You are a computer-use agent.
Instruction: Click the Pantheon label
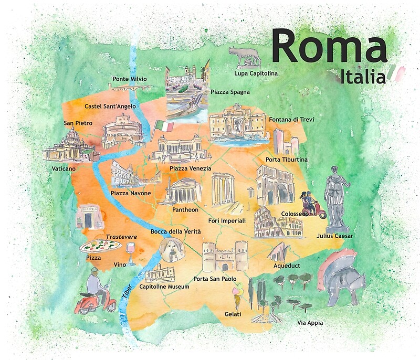click(185, 210)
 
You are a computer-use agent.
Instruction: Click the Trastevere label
click(121, 237)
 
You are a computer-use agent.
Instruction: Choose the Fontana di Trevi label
click(291, 120)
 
